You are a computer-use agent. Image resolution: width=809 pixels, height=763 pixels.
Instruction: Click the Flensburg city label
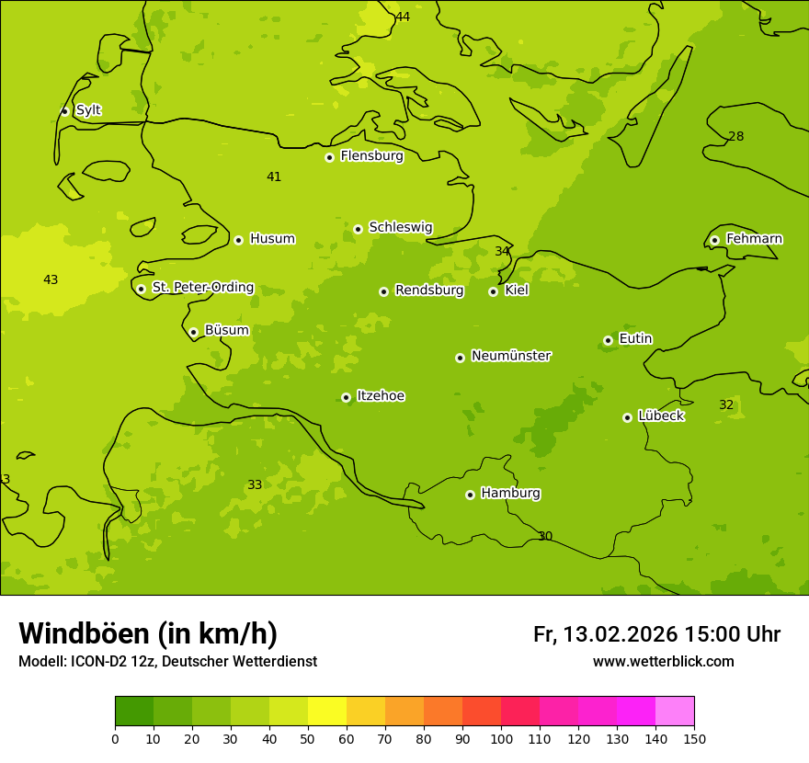click(x=371, y=156)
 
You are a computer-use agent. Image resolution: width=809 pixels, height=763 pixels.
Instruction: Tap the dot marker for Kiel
click(x=493, y=291)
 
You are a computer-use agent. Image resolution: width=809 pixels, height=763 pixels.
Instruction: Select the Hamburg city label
click(x=510, y=494)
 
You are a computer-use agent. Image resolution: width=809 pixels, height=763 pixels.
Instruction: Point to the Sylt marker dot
click(x=64, y=111)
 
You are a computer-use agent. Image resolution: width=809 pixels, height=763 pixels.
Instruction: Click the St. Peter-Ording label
click(x=202, y=288)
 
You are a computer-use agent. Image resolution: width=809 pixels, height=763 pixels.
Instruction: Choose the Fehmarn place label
click(x=754, y=239)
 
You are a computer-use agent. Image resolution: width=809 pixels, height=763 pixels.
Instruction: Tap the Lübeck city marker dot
click(x=627, y=417)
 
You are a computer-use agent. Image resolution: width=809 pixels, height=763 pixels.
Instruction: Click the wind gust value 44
click(x=403, y=17)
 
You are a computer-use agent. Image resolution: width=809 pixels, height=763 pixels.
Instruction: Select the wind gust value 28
click(x=736, y=137)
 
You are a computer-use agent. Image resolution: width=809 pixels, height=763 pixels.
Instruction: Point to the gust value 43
click(x=51, y=279)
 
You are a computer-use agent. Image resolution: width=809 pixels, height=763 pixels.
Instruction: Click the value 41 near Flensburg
click(x=274, y=177)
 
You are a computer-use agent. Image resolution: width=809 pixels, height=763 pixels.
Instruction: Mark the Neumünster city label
click(x=510, y=356)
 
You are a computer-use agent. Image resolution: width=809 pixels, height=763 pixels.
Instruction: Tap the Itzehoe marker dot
click(x=346, y=397)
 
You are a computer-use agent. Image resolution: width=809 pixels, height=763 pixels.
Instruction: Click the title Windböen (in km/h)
click(x=148, y=633)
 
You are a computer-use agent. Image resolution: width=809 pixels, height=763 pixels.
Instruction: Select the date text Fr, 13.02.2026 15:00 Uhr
click(x=656, y=634)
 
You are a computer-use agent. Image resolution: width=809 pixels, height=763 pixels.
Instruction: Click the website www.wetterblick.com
click(x=663, y=662)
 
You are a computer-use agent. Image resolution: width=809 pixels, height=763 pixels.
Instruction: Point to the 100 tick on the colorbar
click(x=501, y=738)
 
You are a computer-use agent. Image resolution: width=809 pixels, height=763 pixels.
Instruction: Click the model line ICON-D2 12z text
click(x=167, y=662)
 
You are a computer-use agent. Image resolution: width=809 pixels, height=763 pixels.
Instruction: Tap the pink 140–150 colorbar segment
click(x=675, y=712)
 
